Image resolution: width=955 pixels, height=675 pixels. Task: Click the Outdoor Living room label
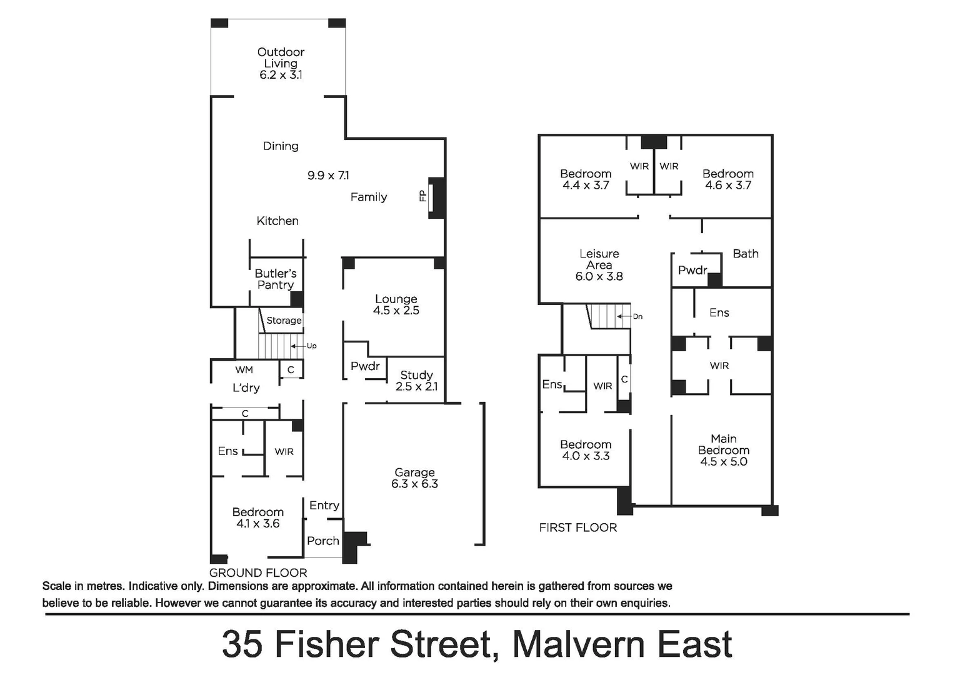tap(281, 63)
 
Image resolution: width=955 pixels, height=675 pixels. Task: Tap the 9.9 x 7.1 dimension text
tap(328, 176)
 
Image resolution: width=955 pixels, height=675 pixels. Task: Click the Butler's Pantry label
tap(276, 279)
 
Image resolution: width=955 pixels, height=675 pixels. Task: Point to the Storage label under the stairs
tap(284, 321)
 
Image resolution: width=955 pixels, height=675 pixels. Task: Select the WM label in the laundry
tap(244, 370)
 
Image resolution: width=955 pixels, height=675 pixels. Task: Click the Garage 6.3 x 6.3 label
tap(414, 478)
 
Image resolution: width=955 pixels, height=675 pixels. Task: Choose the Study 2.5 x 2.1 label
tap(416, 381)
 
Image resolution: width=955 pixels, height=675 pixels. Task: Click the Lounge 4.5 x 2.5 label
tap(396, 304)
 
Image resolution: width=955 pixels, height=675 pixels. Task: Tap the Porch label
tap(323, 541)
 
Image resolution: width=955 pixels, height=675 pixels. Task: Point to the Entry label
tap(324, 505)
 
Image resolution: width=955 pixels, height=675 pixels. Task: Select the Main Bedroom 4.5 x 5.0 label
tap(723, 450)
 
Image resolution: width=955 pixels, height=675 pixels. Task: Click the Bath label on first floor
tap(745, 254)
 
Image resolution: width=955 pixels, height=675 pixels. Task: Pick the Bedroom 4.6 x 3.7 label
tap(727, 179)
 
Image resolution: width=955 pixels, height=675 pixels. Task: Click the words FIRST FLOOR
tap(577, 527)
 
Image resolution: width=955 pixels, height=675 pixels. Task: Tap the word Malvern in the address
tap(576, 644)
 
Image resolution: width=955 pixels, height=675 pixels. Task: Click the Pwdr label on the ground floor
tap(365, 366)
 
